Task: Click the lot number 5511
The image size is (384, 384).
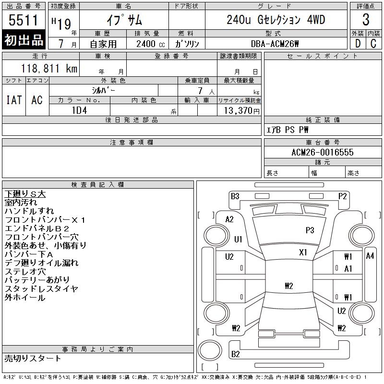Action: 23,20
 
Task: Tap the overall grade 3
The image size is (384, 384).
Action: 366,20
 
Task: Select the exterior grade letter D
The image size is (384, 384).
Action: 358,44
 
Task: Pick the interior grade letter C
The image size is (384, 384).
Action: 373,44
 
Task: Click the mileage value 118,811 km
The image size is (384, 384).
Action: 49,68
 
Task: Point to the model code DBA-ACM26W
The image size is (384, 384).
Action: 275,44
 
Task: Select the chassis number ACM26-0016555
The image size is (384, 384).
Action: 322,152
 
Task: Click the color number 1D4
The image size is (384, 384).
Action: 79,110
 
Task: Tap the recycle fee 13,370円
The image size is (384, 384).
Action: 242,111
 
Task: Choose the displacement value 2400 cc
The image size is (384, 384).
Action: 150,44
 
